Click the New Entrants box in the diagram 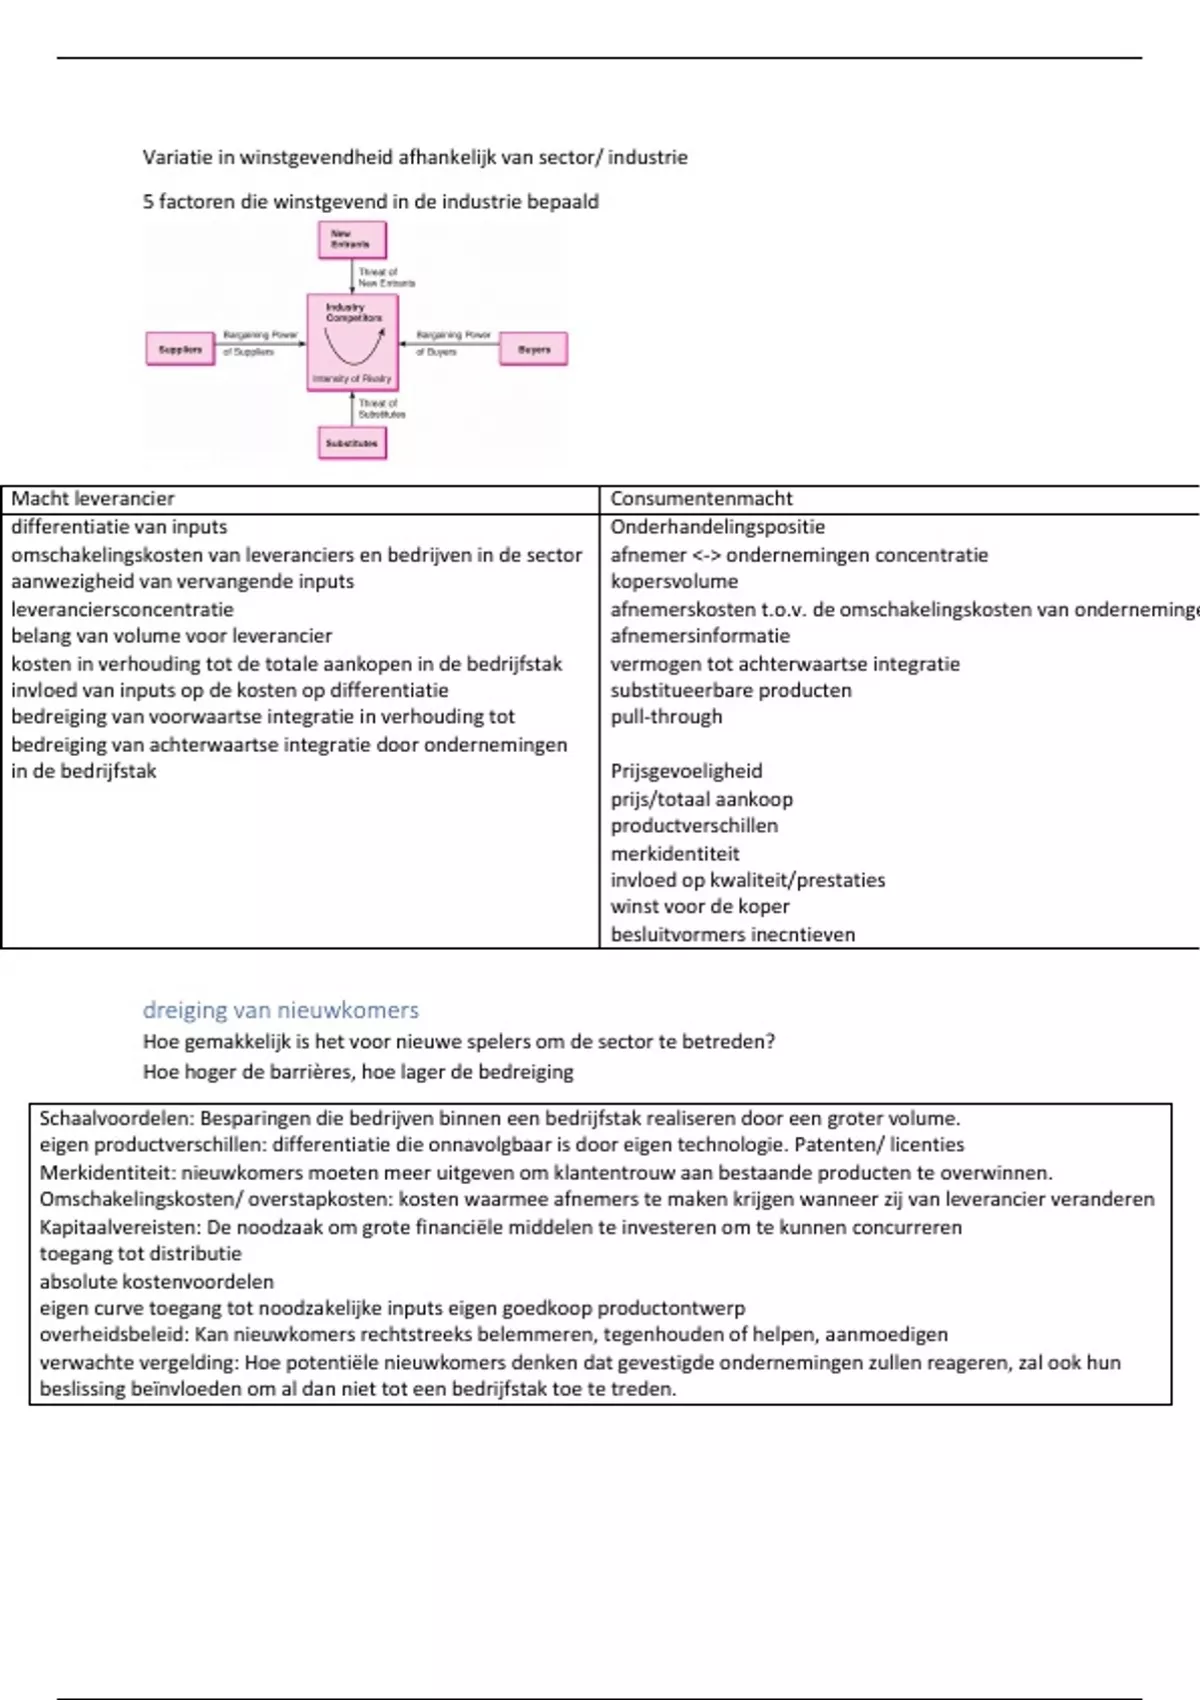352,240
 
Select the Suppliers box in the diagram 180,349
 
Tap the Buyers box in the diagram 533,349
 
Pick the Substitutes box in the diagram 352,442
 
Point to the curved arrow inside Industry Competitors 353,350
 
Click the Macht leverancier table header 93,498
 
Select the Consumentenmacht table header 701,498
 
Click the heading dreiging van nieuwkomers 280,1010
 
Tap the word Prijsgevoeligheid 686,771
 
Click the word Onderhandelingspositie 717,527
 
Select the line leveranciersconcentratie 122,609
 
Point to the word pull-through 666,716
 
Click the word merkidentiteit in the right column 675,853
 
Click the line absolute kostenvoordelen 156,1281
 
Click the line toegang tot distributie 140,1254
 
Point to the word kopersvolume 674,581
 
